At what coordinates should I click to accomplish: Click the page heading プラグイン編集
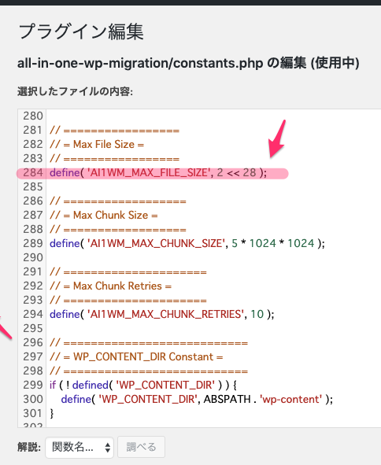(81, 31)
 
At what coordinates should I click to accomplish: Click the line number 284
(33, 172)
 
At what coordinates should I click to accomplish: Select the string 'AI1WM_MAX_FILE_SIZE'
(150, 172)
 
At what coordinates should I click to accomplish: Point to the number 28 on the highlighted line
(250, 172)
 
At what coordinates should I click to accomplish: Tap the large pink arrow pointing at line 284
(277, 138)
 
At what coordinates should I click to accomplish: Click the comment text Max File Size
(104, 145)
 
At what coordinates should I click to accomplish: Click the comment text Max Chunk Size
(111, 215)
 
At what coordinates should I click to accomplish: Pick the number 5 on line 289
(235, 243)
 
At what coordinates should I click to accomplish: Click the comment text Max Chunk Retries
(117, 286)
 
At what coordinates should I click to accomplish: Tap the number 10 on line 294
(257, 314)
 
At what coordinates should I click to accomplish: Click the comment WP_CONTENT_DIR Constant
(143, 356)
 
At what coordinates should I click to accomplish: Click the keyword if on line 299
(53, 385)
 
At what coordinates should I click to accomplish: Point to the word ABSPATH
(227, 399)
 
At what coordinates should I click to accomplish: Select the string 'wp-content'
(290, 399)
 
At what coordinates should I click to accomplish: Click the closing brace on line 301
(52, 413)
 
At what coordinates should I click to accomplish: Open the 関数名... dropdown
(80, 447)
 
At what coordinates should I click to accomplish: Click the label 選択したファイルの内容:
(75, 91)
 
